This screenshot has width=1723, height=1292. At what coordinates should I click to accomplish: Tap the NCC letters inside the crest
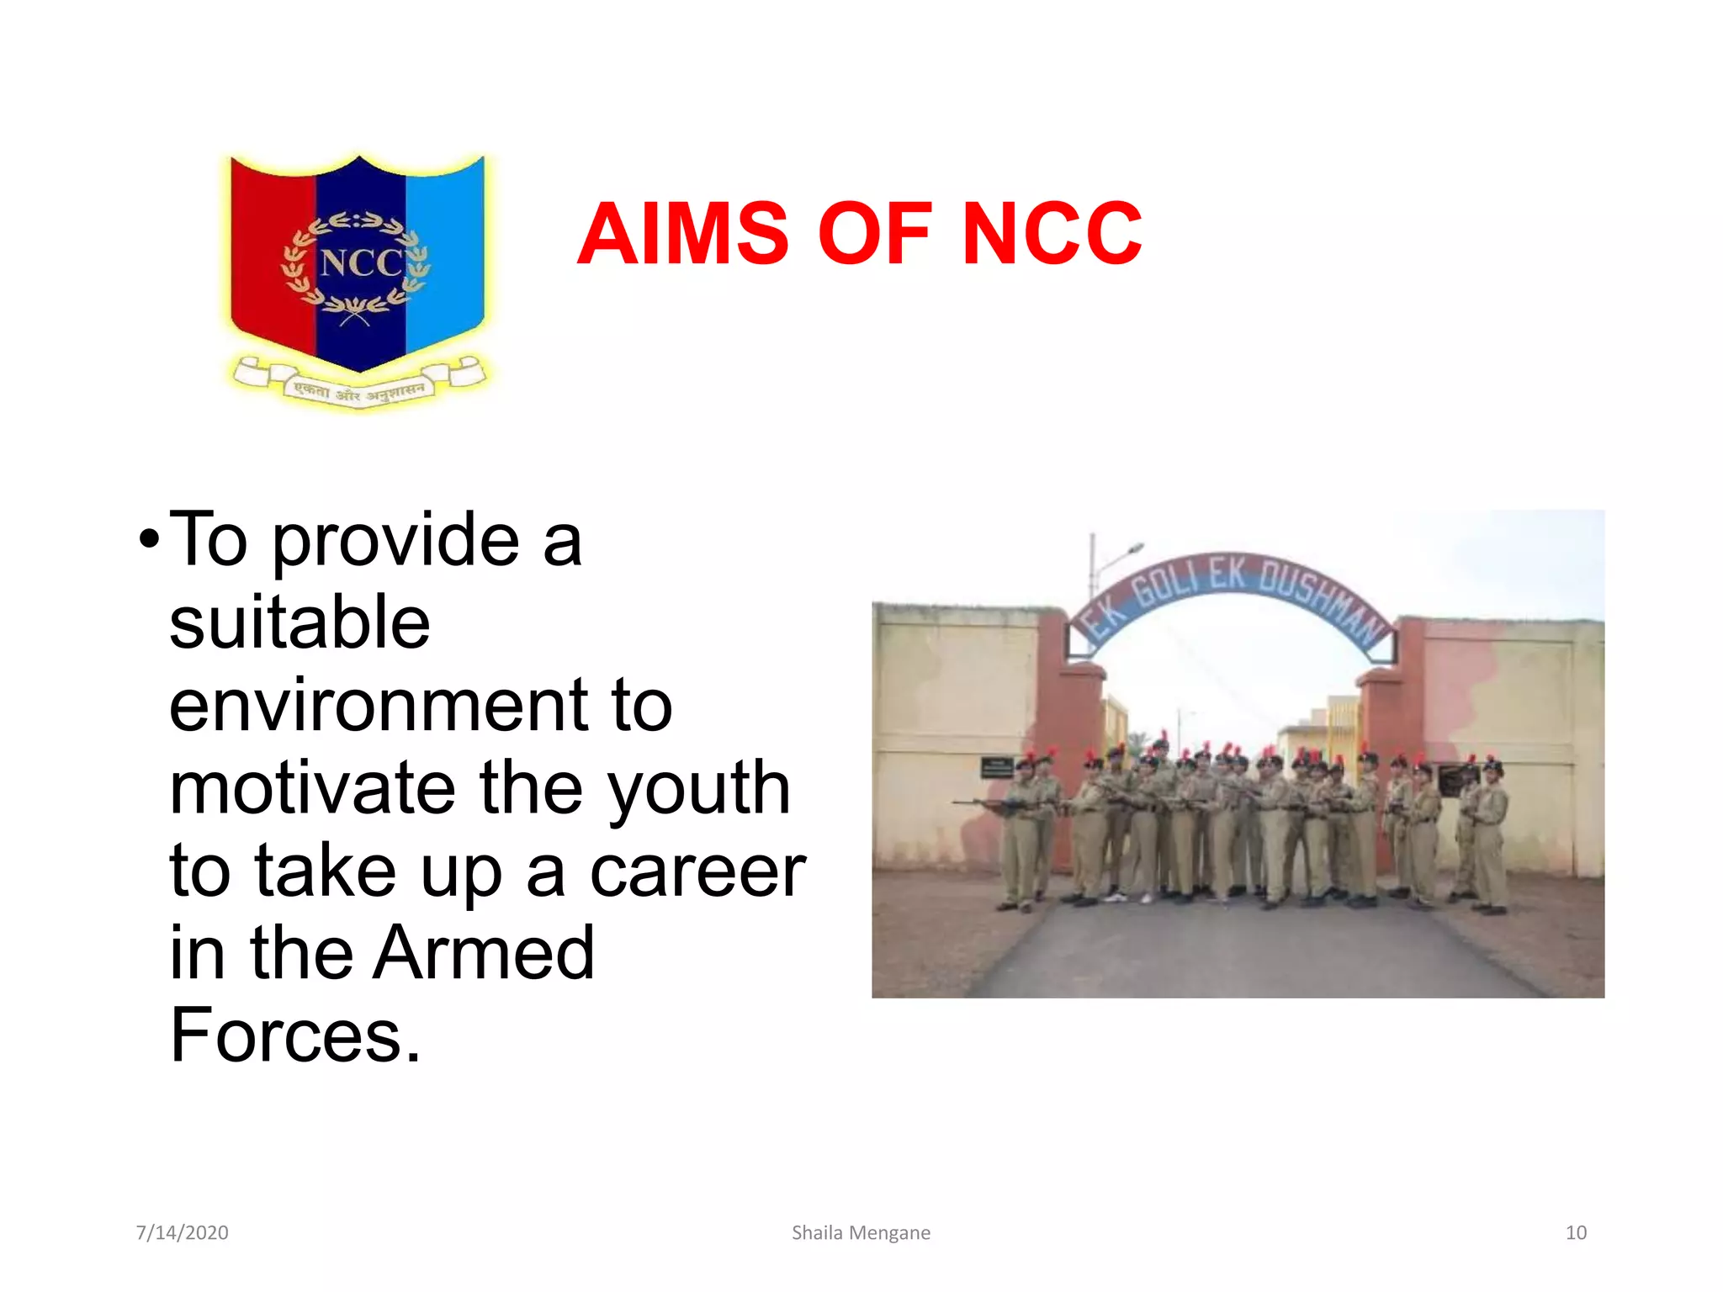[362, 263]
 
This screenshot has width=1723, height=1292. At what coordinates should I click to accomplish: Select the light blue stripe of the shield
[445, 252]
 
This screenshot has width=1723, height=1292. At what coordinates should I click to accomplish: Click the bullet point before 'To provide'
[149, 539]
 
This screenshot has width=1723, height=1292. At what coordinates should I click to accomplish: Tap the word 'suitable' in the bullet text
[300, 622]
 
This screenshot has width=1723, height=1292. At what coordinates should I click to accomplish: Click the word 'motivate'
[312, 787]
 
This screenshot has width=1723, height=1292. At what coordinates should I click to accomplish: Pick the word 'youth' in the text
[698, 789]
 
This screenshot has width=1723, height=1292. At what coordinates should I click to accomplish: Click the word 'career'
[697, 871]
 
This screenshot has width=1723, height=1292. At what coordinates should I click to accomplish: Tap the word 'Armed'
[485, 952]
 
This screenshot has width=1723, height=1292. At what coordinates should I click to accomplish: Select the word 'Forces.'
[294, 1035]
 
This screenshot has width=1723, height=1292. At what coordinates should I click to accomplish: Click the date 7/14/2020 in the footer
[182, 1232]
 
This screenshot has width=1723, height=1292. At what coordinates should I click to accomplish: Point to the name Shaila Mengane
[861, 1232]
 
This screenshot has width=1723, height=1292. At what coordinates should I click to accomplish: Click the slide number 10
[1575, 1232]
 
